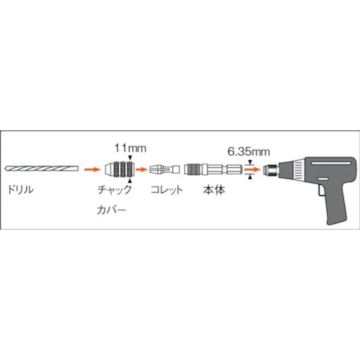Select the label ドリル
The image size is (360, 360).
(x=21, y=190)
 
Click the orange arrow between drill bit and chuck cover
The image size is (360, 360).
(x=91, y=169)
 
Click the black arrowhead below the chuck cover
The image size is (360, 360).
(x=130, y=180)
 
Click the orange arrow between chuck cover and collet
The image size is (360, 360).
(x=143, y=169)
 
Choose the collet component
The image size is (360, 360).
(x=164, y=169)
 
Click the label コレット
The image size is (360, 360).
(x=166, y=190)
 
